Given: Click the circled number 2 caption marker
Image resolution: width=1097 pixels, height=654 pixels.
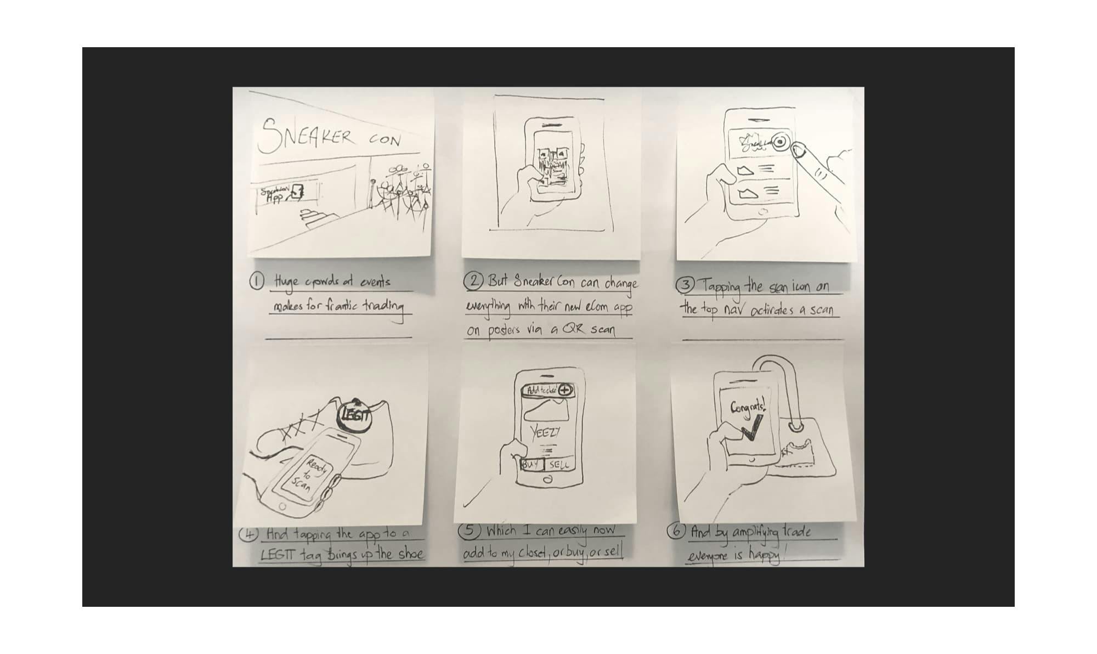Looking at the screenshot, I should click(x=473, y=281).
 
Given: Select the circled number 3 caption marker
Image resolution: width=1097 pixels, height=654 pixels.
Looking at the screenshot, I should click(x=685, y=286).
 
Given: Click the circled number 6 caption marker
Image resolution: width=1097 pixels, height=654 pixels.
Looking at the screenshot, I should click(x=676, y=531).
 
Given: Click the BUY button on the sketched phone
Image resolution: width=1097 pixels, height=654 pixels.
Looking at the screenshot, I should click(x=530, y=465).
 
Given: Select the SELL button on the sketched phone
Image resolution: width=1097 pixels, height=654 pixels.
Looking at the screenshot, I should click(x=559, y=465).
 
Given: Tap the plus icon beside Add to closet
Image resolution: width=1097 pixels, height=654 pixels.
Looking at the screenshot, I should click(x=566, y=390).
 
